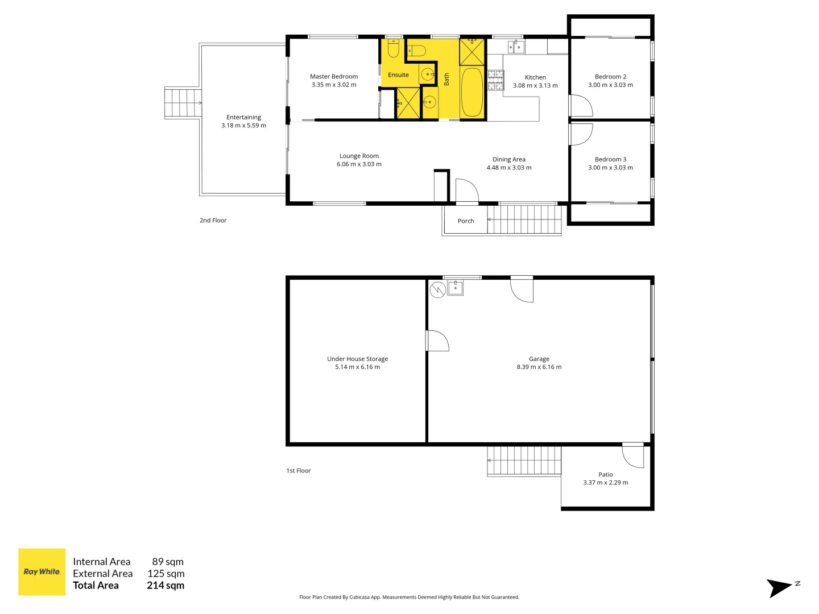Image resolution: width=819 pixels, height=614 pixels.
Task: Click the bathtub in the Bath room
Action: point(471,92)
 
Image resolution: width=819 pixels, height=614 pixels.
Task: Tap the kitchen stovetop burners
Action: point(495,80)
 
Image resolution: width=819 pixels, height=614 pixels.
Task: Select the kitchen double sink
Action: point(516,47)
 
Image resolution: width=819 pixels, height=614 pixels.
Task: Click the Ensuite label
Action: point(398,75)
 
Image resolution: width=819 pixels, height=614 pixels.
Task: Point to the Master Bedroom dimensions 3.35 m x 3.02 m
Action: point(334,85)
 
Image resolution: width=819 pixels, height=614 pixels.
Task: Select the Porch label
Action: point(466,221)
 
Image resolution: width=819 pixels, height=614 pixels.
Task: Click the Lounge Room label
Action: point(359,156)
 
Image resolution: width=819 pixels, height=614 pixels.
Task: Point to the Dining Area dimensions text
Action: point(509,168)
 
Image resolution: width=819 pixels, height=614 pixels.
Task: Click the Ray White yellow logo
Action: point(42,572)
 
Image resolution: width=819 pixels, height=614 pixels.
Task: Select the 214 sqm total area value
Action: point(166,586)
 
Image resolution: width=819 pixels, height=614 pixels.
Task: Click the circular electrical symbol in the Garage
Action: point(437,290)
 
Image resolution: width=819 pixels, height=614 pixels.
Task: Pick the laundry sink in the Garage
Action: point(456,288)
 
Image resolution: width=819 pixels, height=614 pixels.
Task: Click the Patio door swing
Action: point(633,456)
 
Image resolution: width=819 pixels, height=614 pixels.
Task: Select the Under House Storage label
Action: point(357,359)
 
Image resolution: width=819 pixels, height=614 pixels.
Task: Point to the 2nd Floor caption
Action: point(213,221)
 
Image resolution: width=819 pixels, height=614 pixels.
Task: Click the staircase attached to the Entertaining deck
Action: point(183,103)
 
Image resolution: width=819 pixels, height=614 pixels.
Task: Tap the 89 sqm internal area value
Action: point(168,562)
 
